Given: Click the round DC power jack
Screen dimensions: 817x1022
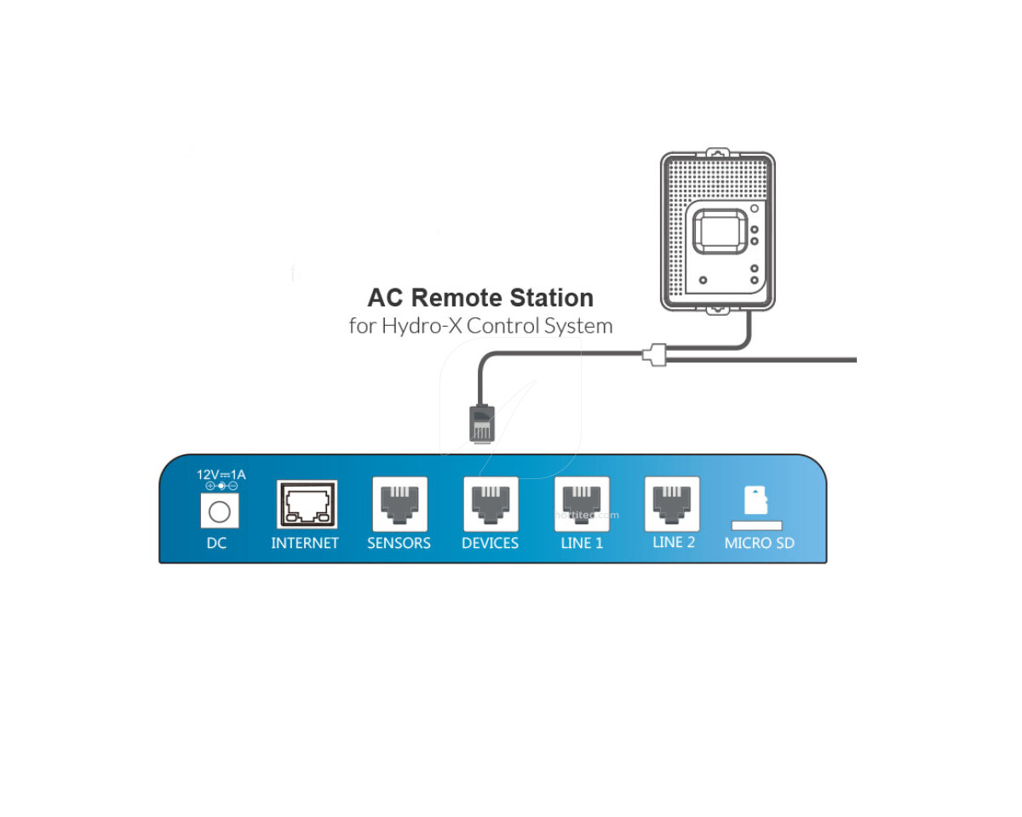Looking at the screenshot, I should [x=219, y=511].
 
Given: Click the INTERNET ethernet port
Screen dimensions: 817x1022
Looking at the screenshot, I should [x=307, y=505].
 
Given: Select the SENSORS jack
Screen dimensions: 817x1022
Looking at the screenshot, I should [x=399, y=504].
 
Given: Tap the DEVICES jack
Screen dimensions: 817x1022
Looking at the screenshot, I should [x=491, y=504].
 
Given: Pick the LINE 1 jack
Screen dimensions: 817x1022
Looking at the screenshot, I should [x=582, y=504].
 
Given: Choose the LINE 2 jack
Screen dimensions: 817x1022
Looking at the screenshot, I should [x=673, y=504].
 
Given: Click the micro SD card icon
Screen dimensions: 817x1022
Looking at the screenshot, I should [x=755, y=500].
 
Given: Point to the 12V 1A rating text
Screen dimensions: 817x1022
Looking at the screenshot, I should [x=221, y=475].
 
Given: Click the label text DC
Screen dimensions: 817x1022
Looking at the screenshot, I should [x=216, y=543].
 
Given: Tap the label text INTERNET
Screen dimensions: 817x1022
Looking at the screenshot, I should [x=305, y=543].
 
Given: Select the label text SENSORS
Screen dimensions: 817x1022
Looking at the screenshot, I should [x=399, y=543].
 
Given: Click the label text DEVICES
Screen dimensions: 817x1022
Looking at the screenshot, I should [x=490, y=543].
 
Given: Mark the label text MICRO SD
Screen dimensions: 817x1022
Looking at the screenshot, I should [x=759, y=543].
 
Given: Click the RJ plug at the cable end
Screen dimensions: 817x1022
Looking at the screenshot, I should [x=481, y=423].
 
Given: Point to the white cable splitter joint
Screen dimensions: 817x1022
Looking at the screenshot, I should [x=654, y=355].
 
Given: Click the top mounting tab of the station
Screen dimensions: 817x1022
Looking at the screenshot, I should [x=717, y=152].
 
